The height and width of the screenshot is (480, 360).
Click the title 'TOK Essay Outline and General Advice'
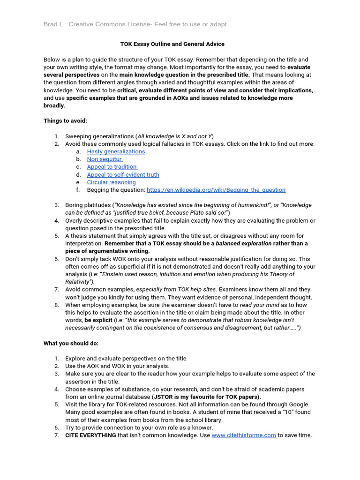point(172,44)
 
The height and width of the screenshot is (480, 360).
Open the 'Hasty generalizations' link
point(116,151)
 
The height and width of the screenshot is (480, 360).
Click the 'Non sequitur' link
point(105,159)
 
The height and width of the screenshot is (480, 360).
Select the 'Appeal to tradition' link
point(112,167)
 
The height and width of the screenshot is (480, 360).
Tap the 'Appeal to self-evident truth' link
point(123,174)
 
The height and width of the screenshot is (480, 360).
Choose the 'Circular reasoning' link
point(111,182)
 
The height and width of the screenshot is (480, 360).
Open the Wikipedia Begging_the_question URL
point(216,190)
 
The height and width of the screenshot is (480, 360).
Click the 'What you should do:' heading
point(71,343)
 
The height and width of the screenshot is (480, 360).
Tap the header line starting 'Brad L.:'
point(136,24)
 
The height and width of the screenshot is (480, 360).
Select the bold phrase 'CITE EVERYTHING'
point(90,435)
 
